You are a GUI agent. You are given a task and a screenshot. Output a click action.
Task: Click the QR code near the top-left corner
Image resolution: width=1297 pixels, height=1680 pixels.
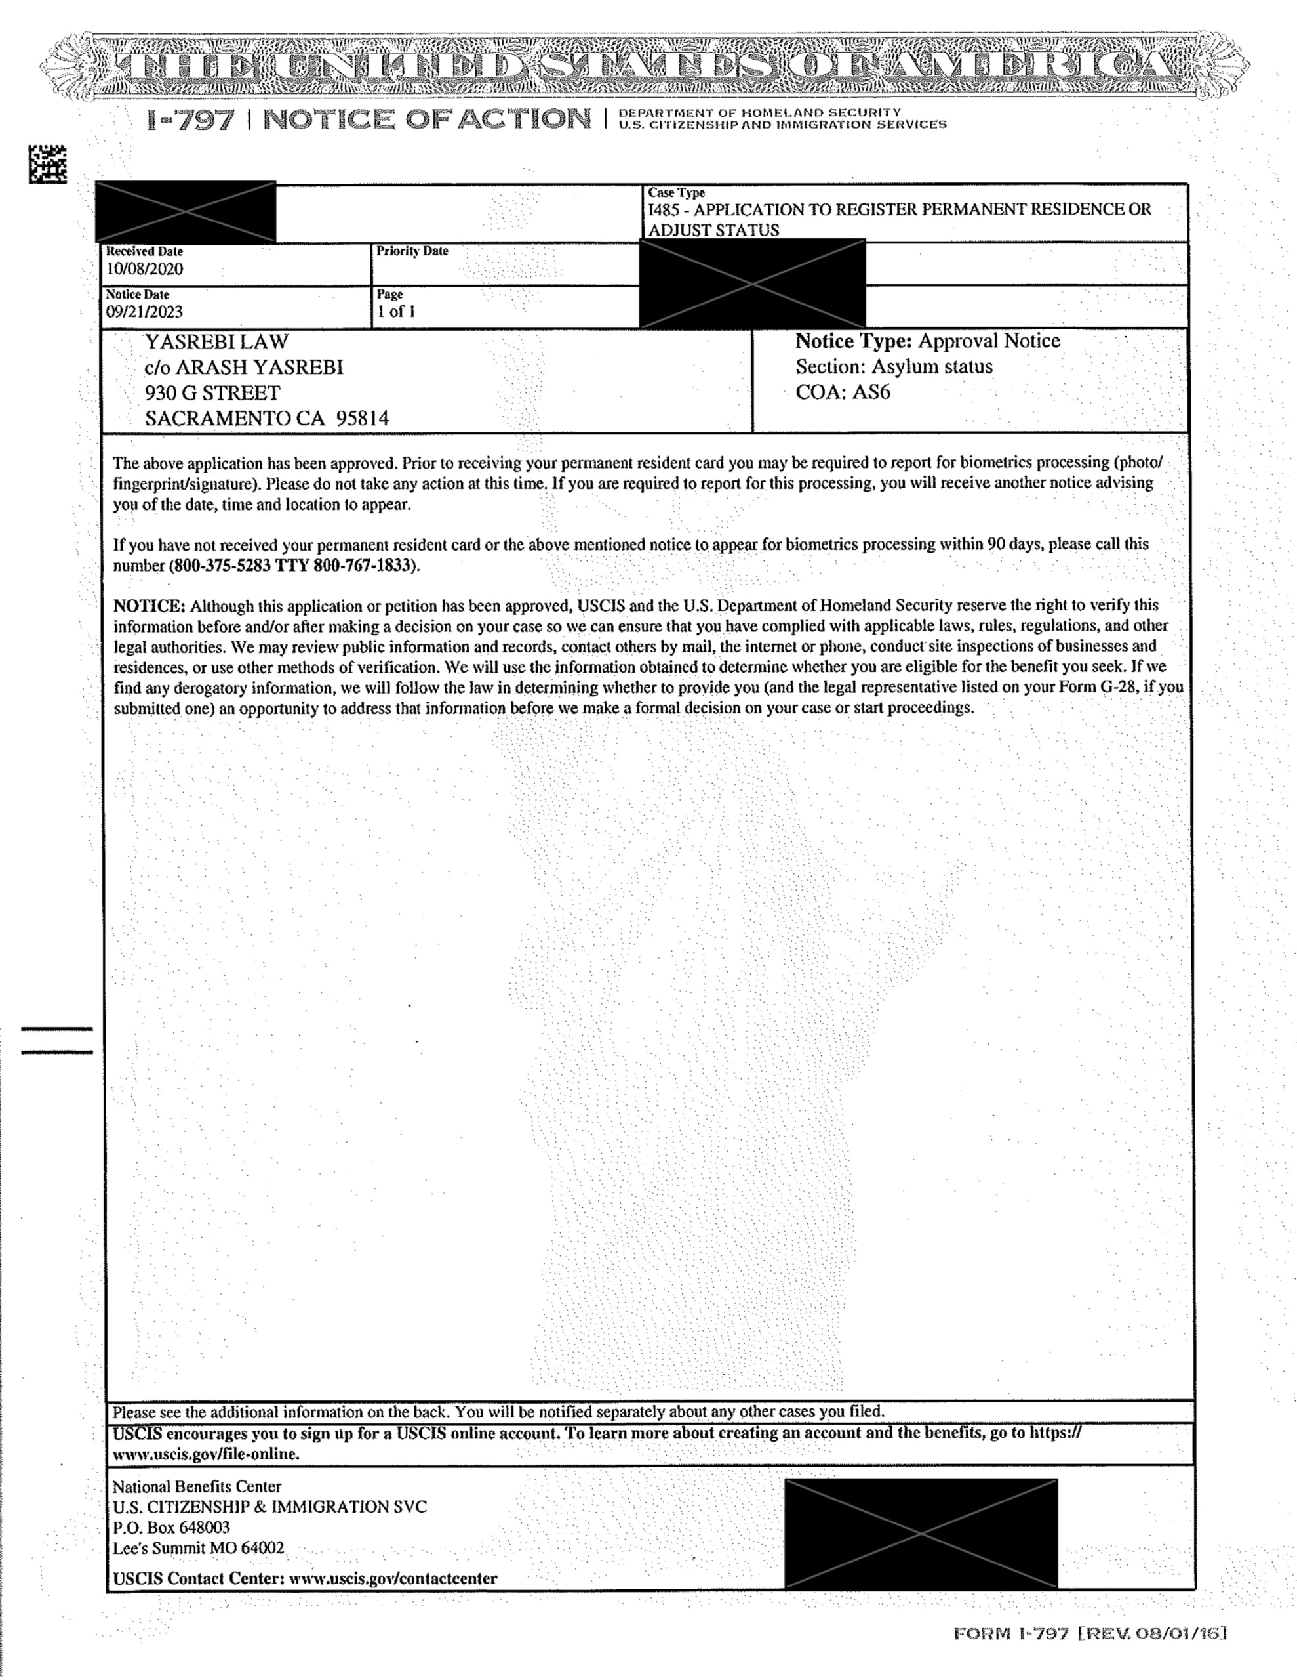point(48,164)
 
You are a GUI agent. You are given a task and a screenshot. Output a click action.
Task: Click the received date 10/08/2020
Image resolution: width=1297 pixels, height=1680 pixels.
point(144,269)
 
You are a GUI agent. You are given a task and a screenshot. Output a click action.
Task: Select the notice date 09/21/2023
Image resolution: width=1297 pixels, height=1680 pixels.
point(144,312)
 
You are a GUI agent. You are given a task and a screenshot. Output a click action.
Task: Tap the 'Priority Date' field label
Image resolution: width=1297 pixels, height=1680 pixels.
point(412,251)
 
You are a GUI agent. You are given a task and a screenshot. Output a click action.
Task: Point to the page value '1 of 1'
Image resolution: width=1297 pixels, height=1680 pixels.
point(396,312)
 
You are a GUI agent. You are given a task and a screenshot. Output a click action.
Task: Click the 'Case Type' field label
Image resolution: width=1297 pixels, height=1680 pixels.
point(676,192)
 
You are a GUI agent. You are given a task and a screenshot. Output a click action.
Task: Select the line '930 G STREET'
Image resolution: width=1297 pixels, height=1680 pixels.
point(212,392)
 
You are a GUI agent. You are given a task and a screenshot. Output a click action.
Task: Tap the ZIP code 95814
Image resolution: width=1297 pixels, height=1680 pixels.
point(363,419)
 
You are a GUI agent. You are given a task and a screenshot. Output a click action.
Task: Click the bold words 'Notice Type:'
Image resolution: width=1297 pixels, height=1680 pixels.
point(853,341)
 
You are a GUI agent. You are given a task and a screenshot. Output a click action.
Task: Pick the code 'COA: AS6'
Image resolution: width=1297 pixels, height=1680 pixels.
point(843,392)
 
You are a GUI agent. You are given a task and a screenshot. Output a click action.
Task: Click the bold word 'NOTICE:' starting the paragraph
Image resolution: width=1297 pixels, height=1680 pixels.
point(149,605)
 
